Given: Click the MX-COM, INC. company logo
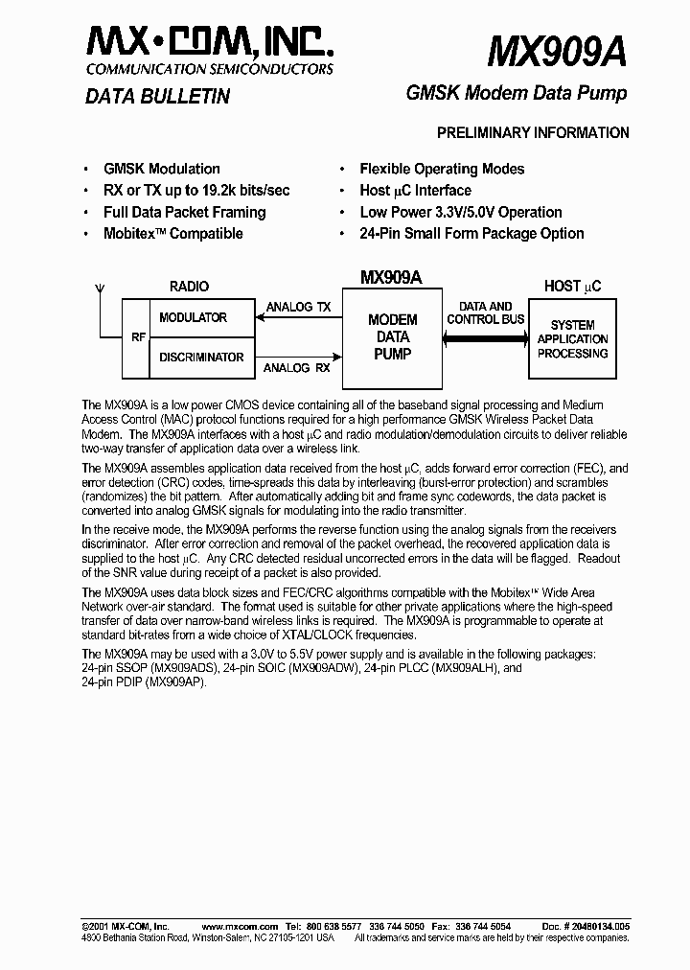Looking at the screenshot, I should (210, 43).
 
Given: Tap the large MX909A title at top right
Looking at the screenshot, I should (557, 50).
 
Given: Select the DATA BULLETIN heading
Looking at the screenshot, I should (157, 96).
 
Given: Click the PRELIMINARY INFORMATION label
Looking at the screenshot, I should (533, 133).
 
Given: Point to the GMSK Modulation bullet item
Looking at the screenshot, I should (161, 169).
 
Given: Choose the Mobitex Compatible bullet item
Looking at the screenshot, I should (172, 234).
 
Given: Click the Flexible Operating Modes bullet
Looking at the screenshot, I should (442, 169).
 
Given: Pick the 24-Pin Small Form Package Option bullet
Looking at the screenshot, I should (471, 234).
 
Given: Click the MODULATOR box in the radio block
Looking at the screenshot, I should (193, 317).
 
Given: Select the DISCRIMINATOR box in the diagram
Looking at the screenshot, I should (200, 358).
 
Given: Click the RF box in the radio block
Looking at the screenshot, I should (136, 337).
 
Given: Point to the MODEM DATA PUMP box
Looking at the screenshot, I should (393, 336).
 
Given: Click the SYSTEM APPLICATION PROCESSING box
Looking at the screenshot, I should (572, 339).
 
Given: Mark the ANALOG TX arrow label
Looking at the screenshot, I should (298, 307).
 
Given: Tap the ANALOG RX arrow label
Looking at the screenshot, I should (298, 367).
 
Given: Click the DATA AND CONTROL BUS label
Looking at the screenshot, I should (486, 312).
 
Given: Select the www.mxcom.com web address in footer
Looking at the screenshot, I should (241, 927).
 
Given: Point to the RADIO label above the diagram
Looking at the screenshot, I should (189, 287).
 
